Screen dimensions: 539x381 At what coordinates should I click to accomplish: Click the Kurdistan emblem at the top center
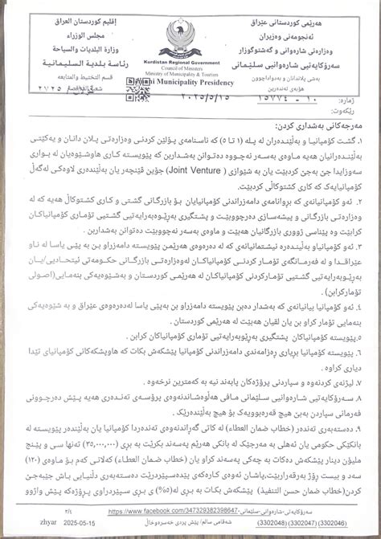pyautogui.click(x=190, y=36)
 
